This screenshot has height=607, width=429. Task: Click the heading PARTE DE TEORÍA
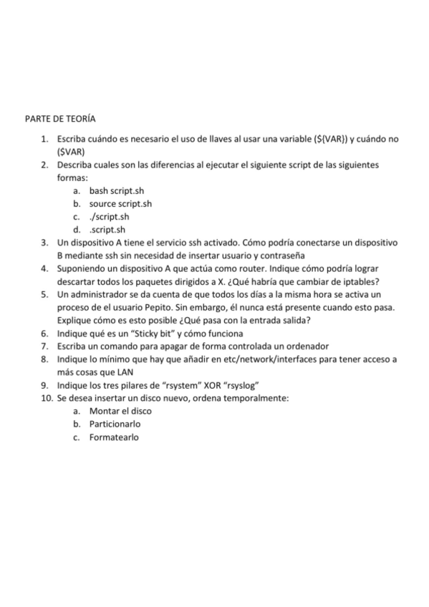60,117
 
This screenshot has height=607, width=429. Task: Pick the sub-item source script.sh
120,203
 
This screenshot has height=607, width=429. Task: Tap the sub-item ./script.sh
109,216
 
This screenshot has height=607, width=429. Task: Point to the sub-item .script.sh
107,229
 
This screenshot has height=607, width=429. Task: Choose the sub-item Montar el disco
120,411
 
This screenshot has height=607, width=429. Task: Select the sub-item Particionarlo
115,424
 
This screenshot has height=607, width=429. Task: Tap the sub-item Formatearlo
114,437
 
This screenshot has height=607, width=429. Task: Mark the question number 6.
44,334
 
